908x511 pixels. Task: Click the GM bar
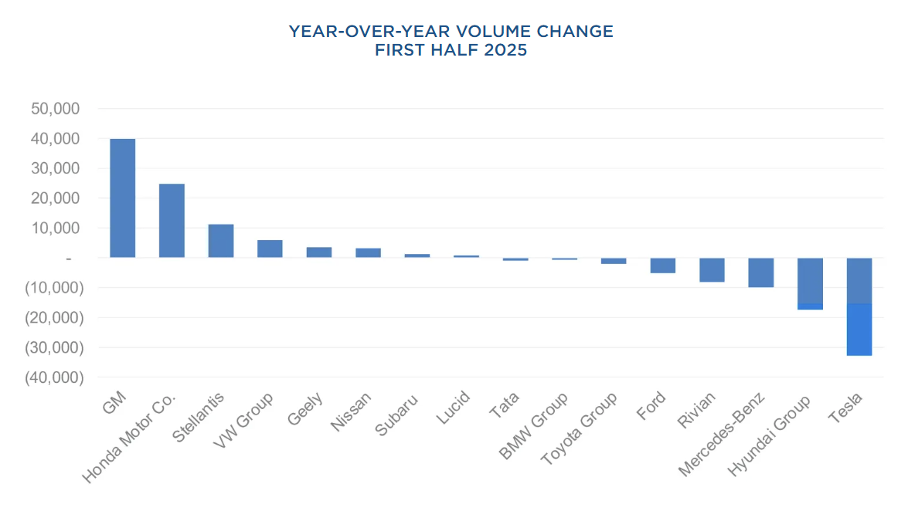point(122,198)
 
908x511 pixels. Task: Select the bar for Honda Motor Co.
point(172,221)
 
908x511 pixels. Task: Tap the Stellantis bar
point(221,241)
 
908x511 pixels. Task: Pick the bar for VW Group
point(270,249)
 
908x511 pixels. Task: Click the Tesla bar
point(859,306)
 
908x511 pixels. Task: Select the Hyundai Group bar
point(810,283)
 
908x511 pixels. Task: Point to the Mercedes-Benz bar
point(761,272)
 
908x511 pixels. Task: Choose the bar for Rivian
point(712,270)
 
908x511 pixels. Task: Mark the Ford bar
point(663,266)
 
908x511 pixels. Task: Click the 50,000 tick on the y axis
point(55,109)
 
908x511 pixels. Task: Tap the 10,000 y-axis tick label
point(55,228)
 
